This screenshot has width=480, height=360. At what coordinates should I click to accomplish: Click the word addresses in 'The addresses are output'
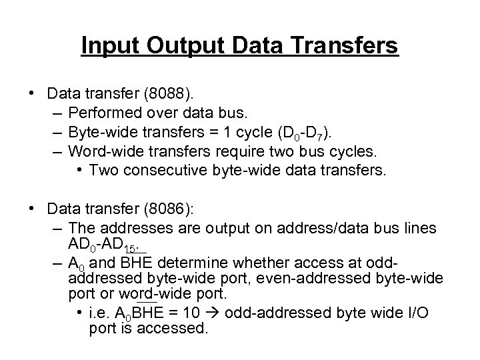(x=130, y=229)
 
